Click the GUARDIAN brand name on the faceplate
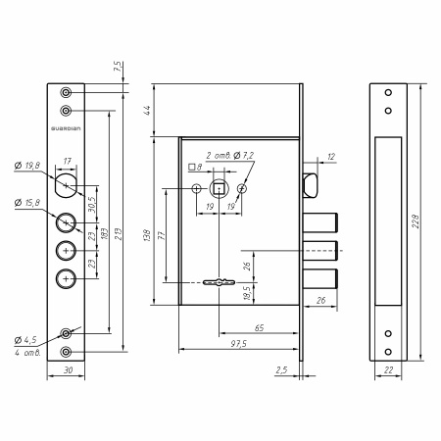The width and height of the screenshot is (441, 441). [x=66, y=128]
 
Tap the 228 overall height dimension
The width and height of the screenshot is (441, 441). [x=416, y=221]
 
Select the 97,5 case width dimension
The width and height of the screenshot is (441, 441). [x=239, y=344]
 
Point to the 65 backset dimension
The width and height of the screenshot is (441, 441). [x=259, y=327]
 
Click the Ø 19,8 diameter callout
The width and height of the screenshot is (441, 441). [x=27, y=166]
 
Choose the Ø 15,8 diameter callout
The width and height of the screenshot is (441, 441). [x=27, y=203]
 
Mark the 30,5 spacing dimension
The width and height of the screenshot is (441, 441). [x=92, y=205]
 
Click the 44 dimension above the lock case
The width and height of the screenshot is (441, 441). [x=147, y=110]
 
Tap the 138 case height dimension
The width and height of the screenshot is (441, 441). [x=147, y=235]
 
